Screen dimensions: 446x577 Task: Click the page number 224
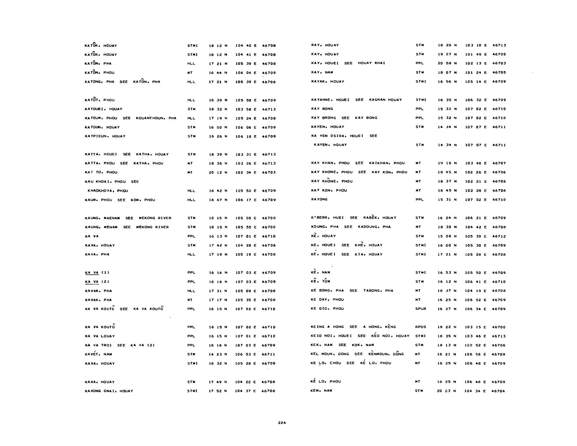pos(282,422)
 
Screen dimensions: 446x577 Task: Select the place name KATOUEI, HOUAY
pos(103,109)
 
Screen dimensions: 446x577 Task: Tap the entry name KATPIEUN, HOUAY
pos(105,136)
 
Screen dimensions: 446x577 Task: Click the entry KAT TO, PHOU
pos(101,173)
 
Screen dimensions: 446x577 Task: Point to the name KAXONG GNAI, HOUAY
pos(109,391)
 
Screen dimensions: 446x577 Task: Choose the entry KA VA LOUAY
pos(100,336)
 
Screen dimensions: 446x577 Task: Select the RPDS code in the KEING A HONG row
pos(421,327)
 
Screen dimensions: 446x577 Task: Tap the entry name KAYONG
pos(319,199)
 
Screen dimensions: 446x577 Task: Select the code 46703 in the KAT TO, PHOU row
pos(269,173)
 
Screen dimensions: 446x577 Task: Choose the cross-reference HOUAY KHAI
pos(371,63)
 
